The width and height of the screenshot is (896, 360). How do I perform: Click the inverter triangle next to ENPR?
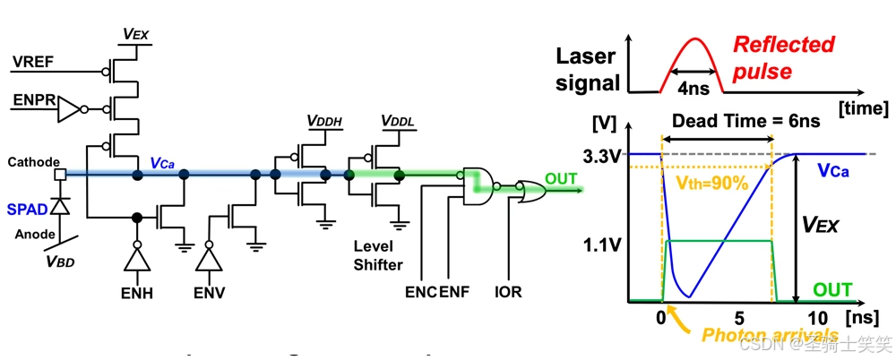click(x=69, y=110)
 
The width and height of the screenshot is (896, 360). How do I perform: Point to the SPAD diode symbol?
click(x=59, y=206)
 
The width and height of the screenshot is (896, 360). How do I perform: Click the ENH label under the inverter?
click(x=137, y=293)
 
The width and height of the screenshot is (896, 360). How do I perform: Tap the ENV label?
click(x=211, y=293)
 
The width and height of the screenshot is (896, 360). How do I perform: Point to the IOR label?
click(x=507, y=292)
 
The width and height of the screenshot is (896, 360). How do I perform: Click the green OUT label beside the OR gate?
click(x=562, y=179)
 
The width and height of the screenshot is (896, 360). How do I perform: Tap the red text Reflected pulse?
click(x=782, y=56)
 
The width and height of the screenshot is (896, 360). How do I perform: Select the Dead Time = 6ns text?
click(x=721, y=121)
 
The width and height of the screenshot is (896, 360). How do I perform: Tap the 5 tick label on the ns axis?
click(x=739, y=319)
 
